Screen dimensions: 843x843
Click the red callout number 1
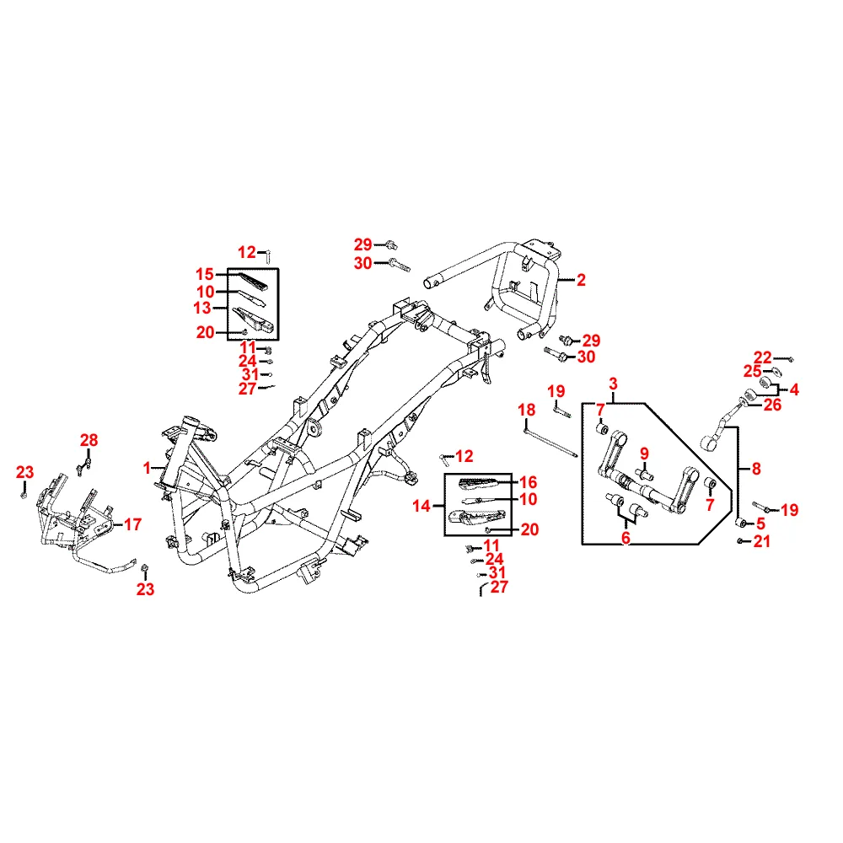(148, 467)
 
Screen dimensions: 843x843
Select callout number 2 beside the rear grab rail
(581, 281)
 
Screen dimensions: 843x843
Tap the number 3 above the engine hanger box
(613, 384)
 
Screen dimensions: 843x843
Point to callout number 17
(132, 524)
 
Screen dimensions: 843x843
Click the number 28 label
(89, 439)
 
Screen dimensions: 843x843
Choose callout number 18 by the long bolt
(526, 410)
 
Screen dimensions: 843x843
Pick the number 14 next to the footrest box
(421, 506)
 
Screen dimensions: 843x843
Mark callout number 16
(528, 482)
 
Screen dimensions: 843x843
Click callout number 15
(205, 274)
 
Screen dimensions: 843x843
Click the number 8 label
(755, 467)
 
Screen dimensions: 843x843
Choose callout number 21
(762, 542)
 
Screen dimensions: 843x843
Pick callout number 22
(762, 357)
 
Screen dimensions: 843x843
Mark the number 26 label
(772, 405)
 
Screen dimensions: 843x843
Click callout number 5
(760, 524)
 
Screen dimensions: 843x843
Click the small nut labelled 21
(740, 541)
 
